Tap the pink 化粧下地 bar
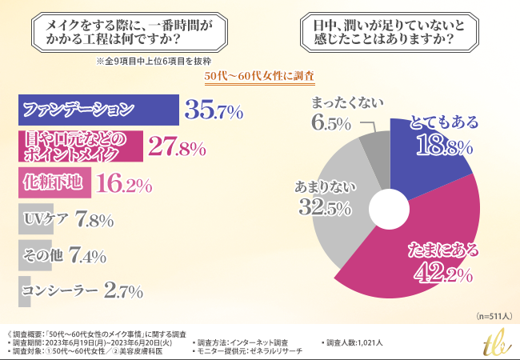pos(53,184)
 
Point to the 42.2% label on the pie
pos(442,274)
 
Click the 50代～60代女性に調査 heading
pos(259,76)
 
